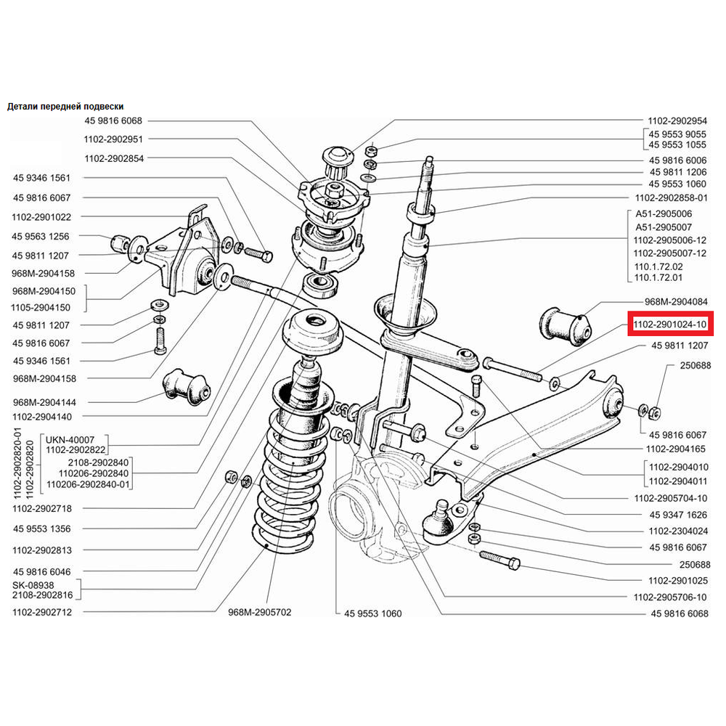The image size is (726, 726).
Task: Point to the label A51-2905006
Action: click(x=664, y=214)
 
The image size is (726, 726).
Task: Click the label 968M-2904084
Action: click(x=675, y=301)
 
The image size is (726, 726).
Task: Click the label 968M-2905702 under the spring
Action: click(x=260, y=612)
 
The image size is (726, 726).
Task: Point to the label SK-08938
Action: click(x=33, y=584)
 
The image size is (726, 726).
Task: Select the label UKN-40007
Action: click(x=70, y=440)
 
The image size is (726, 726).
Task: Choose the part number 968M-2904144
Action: click(x=44, y=401)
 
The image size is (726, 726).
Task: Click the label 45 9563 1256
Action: click(x=41, y=236)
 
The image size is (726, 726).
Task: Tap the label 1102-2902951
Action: click(x=113, y=139)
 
